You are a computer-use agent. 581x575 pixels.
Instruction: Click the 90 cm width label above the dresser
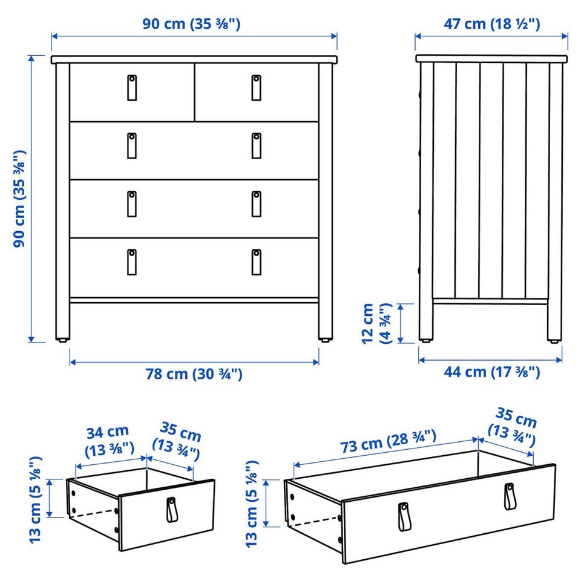tap(191, 24)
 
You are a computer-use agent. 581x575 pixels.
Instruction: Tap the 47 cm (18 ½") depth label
tap(491, 24)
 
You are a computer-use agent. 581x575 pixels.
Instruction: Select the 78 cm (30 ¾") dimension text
tap(194, 374)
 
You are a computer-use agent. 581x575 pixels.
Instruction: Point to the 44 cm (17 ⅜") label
tap(491, 372)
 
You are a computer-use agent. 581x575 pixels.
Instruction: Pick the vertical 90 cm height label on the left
tap(19, 199)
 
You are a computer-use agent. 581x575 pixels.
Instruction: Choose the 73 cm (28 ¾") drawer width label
tap(388, 441)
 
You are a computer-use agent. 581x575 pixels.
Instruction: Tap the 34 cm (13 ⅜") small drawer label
tap(109, 441)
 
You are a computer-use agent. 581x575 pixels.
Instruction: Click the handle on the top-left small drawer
tap(132, 88)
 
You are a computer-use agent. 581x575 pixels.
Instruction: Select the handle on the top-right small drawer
tap(256, 88)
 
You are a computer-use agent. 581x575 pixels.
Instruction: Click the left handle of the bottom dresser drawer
tap(132, 262)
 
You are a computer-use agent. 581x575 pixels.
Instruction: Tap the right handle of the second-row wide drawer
tap(256, 146)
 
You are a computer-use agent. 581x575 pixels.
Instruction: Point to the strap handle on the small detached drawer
tap(171, 510)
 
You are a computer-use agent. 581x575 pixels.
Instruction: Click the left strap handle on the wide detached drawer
tap(404, 516)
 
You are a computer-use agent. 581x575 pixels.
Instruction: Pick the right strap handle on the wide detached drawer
tap(510, 496)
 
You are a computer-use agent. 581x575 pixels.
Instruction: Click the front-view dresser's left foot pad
tap(62, 339)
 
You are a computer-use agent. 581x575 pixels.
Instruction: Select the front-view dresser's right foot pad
tap(325, 339)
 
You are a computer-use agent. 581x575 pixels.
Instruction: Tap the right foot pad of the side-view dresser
tap(554, 341)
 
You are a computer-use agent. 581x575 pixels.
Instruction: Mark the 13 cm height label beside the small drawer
tap(36, 500)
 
